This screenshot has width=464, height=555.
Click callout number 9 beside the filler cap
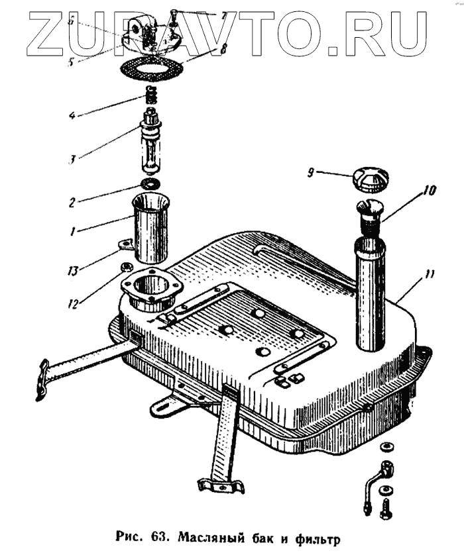tap(310, 173)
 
